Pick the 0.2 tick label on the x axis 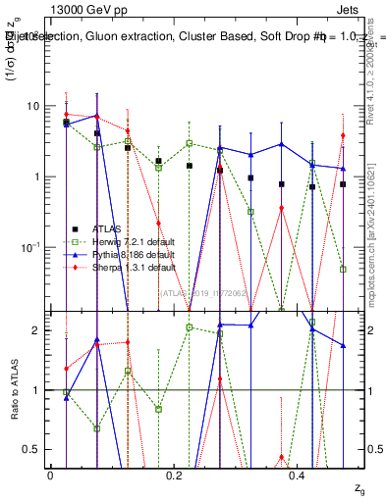[174, 476]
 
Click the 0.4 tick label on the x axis [299, 476]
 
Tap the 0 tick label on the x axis [50, 476]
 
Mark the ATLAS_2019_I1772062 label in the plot [204, 292]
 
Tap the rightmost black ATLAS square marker [343, 184]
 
